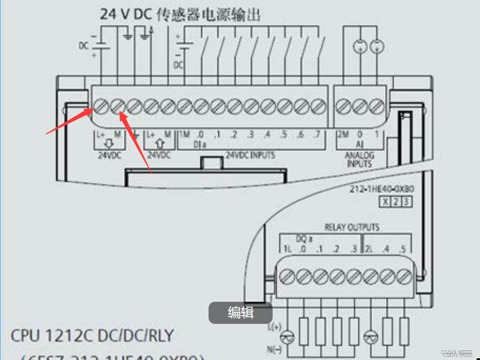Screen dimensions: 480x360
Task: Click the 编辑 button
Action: [x=240, y=313]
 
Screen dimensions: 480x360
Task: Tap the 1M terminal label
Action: [x=184, y=135]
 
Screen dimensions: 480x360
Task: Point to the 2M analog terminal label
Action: [x=343, y=135]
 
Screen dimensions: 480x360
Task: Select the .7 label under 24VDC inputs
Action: [x=316, y=135]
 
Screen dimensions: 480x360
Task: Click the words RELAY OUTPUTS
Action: [x=351, y=227]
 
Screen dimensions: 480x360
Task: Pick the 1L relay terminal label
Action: [x=287, y=249]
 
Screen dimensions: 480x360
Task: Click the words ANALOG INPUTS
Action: [x=359, y=160]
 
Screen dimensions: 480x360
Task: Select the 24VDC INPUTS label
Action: [x=250, y=156]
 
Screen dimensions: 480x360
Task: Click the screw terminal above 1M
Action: [x=184, y=107]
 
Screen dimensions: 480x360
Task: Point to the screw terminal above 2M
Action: [x=343, y=107]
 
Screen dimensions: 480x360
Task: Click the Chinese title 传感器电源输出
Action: [x=206, y=14]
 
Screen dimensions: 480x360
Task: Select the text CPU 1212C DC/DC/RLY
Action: [x=92, y=336]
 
